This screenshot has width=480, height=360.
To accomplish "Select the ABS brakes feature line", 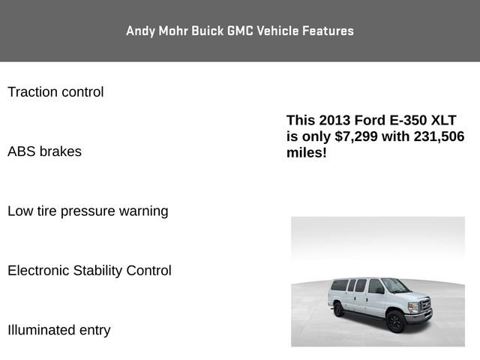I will click(44, 151).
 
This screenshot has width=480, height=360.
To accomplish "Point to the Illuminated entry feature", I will click(58, 330).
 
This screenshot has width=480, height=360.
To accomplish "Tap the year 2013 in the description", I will click(334, 120).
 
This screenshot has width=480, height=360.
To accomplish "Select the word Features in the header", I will click(328, 31).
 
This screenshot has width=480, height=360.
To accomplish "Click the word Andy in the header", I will click(139, 31).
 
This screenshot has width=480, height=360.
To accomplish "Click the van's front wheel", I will click(395, 322).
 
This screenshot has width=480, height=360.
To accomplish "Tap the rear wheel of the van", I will click(339, 308).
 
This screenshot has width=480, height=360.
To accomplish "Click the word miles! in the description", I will click(307, 153).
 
